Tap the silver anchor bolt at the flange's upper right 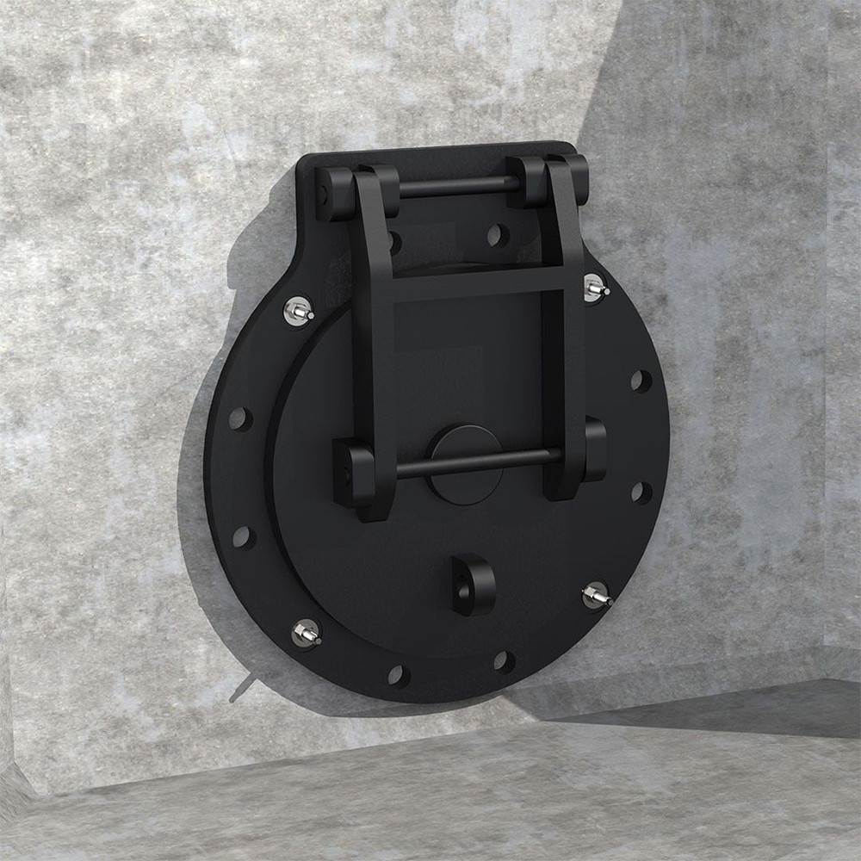tap(594, 288)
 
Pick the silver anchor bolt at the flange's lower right tap(596, 595)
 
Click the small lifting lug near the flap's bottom tap(473, 585)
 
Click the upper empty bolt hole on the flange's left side tap(240, 419)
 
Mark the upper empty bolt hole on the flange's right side tap(641, 381)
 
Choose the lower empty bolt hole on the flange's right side tap(641, 492)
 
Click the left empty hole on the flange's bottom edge tap(398, 675)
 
